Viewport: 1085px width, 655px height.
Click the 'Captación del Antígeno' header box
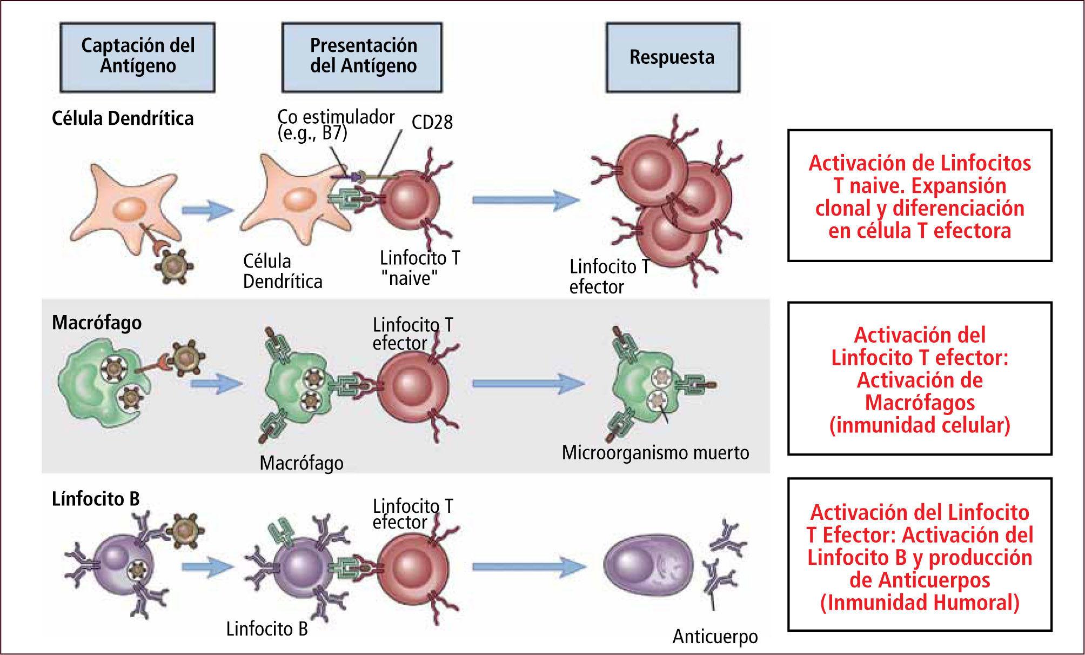point(138,56)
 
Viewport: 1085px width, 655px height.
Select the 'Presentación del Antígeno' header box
point(363,56)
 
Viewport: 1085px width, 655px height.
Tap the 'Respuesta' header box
point(672,57)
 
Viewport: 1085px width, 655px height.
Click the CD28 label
point(432,123)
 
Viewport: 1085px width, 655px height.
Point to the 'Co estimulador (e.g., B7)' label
point(336,124)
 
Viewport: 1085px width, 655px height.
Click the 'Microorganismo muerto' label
point(655,452)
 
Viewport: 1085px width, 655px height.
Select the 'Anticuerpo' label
point(715,637)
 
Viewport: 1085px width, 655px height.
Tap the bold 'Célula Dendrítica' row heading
point(123,118)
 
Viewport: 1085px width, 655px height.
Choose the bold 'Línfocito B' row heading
point(96,499)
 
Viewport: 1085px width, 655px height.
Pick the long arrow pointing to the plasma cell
point(528,566)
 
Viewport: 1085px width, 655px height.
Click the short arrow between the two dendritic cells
point(207,210)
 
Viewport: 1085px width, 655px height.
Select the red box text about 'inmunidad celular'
point(920,379)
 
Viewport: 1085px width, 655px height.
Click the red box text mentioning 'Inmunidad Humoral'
point(920,557)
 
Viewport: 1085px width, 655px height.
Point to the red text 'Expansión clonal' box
point(920,196)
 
